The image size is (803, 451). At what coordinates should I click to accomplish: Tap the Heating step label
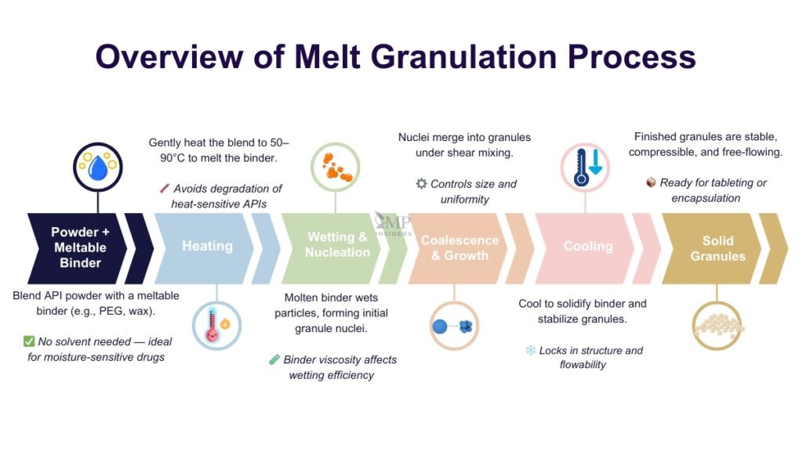207,246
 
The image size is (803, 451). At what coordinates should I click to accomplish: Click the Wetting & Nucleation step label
337,244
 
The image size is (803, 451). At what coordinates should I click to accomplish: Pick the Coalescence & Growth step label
460,247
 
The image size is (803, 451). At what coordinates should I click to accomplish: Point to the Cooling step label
588,246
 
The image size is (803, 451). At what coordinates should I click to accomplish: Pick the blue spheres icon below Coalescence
454,326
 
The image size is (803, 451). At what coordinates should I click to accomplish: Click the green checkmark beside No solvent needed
29,341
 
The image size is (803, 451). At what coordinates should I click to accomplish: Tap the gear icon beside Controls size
421,184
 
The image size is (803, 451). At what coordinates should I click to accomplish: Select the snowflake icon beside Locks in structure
531,350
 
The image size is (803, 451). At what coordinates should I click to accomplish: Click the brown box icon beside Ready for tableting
651,182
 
